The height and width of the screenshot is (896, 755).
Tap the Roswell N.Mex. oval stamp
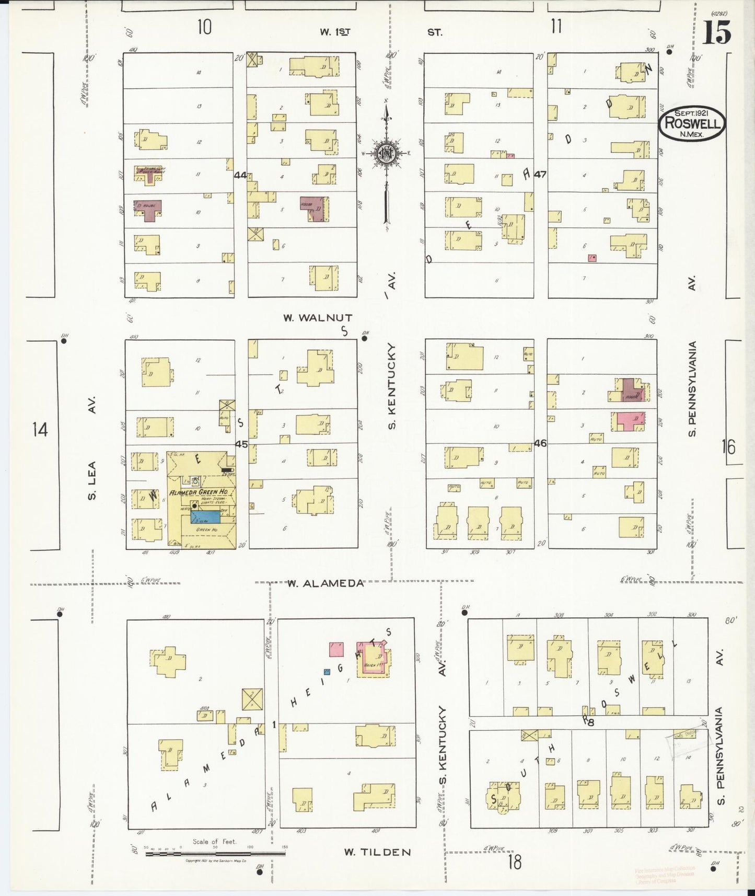click(692, 123)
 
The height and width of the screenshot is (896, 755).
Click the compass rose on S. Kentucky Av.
click(386, 153)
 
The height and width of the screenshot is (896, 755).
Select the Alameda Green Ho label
click(198, 492)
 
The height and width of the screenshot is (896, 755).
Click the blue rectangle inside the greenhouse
click(205, 517)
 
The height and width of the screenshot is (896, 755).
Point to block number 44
click(240, 176)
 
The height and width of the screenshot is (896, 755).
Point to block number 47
click(540, 175)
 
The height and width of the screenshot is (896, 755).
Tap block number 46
click(540, 443)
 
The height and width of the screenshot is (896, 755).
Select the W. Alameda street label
click(325, 583)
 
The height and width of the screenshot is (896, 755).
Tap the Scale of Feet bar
click(215, 853)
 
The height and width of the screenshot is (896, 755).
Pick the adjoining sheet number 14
click(40, 430)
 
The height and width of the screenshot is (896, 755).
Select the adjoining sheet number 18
click(514, 862)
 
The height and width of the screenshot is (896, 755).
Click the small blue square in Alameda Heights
click(327, 671)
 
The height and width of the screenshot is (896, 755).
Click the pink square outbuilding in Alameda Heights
click(336, 649)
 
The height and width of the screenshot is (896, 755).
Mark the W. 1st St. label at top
click(335, 32)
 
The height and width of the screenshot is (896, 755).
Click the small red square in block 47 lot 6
click(592, 258)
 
